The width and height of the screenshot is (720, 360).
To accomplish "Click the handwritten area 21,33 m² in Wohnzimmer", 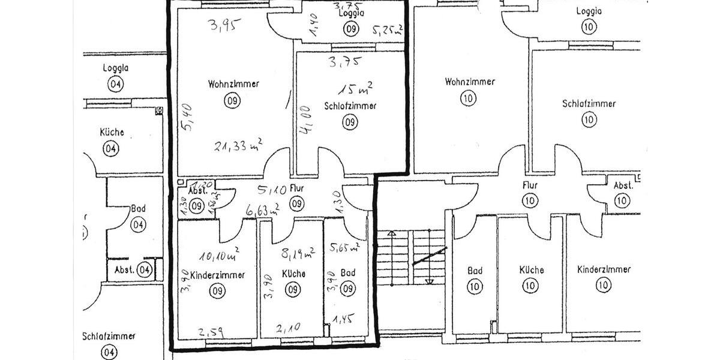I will click(239, 145).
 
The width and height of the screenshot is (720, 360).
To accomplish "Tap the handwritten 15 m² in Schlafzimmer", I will click(355, 90).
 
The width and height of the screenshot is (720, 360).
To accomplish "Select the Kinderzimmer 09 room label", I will click(217, 275).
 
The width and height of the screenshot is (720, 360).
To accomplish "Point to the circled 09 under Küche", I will click(293, 290).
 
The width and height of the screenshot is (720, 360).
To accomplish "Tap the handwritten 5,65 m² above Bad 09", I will click(344, 246).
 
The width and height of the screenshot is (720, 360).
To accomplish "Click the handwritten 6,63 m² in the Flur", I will click(262, 209).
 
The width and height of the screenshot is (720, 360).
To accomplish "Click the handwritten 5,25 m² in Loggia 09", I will click(387, 30).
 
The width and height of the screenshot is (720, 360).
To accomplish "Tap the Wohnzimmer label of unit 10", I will click(470, 82).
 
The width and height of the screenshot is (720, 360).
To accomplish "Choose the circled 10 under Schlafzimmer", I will click(589, 119).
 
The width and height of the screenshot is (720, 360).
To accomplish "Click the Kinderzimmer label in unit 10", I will click(604, 269).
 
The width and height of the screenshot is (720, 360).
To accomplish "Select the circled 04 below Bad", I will click(138, 225).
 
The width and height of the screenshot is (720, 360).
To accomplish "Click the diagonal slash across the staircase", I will click(430, 256).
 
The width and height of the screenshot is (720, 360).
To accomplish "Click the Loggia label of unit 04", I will click(116, 68).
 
